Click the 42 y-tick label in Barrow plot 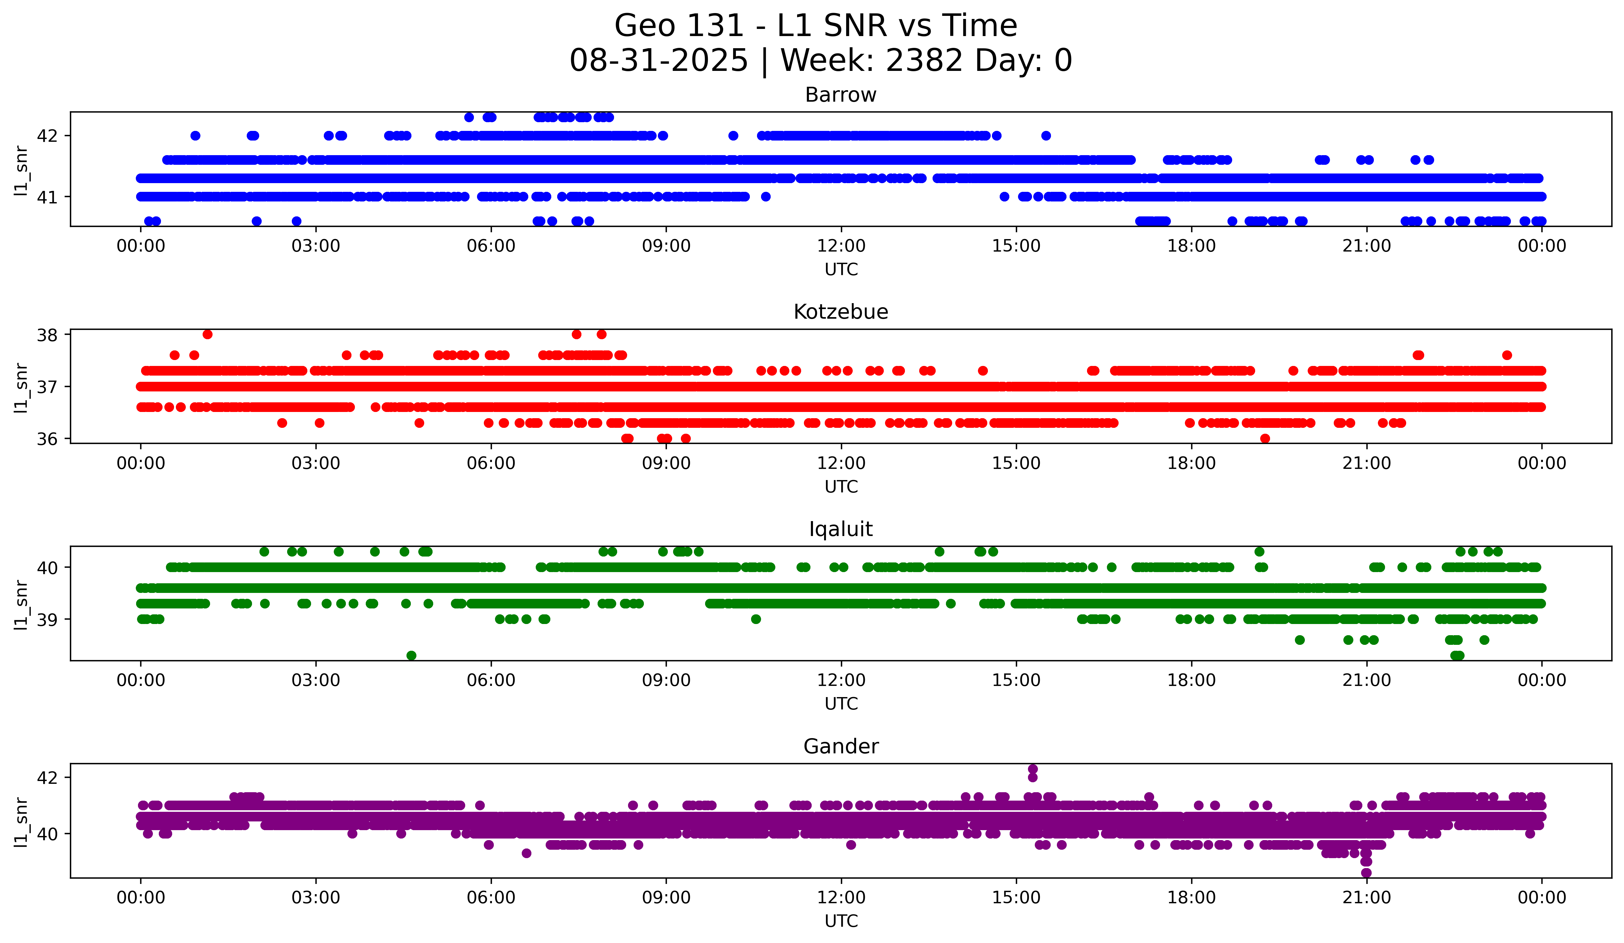click(47, 136)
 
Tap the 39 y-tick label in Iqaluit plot click(47, 620)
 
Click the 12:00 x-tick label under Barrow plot click(841, 246)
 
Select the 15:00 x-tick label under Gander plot click(1016, 898)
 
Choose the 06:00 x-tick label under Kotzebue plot click(491, 464)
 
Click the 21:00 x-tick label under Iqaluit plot click(1366, 681)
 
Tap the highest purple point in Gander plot click(1032, 769)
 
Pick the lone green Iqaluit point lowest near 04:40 click(411, 655)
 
